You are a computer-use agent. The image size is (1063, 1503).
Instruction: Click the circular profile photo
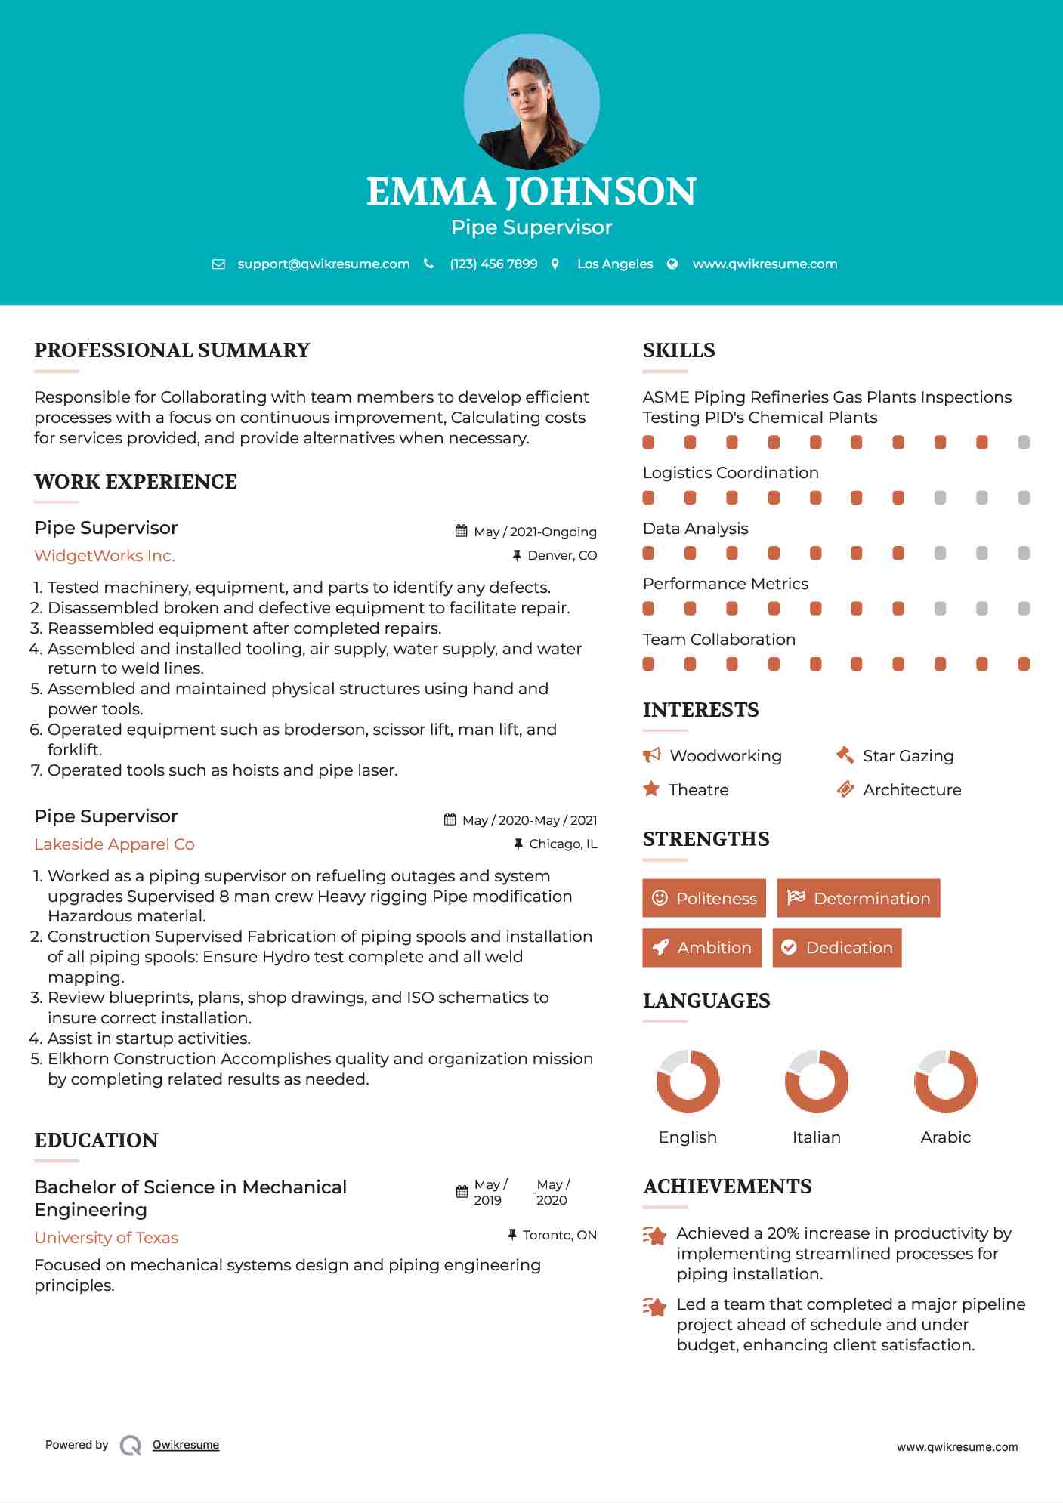(531, 101)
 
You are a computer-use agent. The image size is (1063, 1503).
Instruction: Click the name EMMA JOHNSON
(531, 192)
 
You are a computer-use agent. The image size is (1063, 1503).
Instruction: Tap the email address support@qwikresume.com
(323, 264)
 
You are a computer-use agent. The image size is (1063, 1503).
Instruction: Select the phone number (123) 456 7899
(493, 264)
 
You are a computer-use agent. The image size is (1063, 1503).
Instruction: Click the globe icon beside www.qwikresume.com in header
(672, 264)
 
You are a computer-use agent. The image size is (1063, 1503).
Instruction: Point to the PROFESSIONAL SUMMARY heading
(172, 350)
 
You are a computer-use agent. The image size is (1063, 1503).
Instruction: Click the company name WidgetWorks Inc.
(104, 556)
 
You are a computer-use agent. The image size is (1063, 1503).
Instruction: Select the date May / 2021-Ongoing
(535, 532)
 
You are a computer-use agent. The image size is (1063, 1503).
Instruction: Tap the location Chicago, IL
(563, 844)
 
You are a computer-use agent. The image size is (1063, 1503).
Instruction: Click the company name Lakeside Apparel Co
(114, 844)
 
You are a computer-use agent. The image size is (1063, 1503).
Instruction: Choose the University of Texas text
(106, 1238)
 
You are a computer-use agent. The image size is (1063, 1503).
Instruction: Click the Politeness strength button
(703, 898)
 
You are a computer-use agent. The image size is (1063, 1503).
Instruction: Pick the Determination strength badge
(858, 898)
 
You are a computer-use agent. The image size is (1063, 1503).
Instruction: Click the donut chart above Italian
(816, 1081)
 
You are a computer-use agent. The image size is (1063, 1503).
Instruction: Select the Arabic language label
(945, 1137)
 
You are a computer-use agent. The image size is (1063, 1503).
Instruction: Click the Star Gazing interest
(907, 756)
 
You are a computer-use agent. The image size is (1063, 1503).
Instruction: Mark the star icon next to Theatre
(651, 789)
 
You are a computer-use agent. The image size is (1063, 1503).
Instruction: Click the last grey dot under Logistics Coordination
(1024, 498)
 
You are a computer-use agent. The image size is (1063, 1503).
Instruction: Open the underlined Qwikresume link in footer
(186, 1445)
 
